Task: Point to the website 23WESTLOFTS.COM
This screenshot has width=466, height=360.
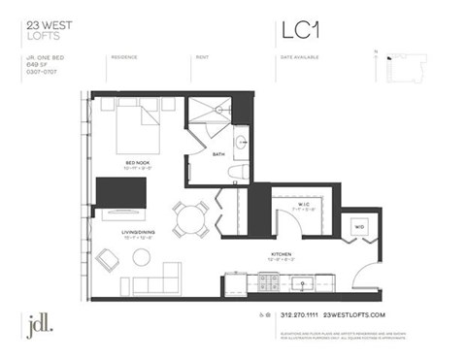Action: click(354, 316)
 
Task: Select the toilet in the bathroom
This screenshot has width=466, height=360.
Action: click(237, 173)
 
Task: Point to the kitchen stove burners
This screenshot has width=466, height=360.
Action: click(266, 284)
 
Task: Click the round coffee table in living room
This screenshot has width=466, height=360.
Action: click(142, 258)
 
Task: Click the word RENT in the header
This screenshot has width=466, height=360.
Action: click(203, 57)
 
